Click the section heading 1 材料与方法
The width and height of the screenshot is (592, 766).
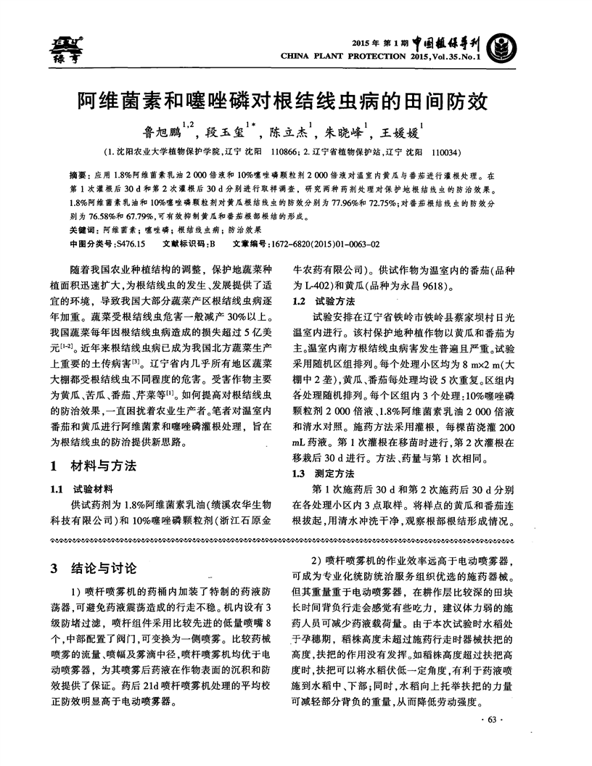tap(96, 464)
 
